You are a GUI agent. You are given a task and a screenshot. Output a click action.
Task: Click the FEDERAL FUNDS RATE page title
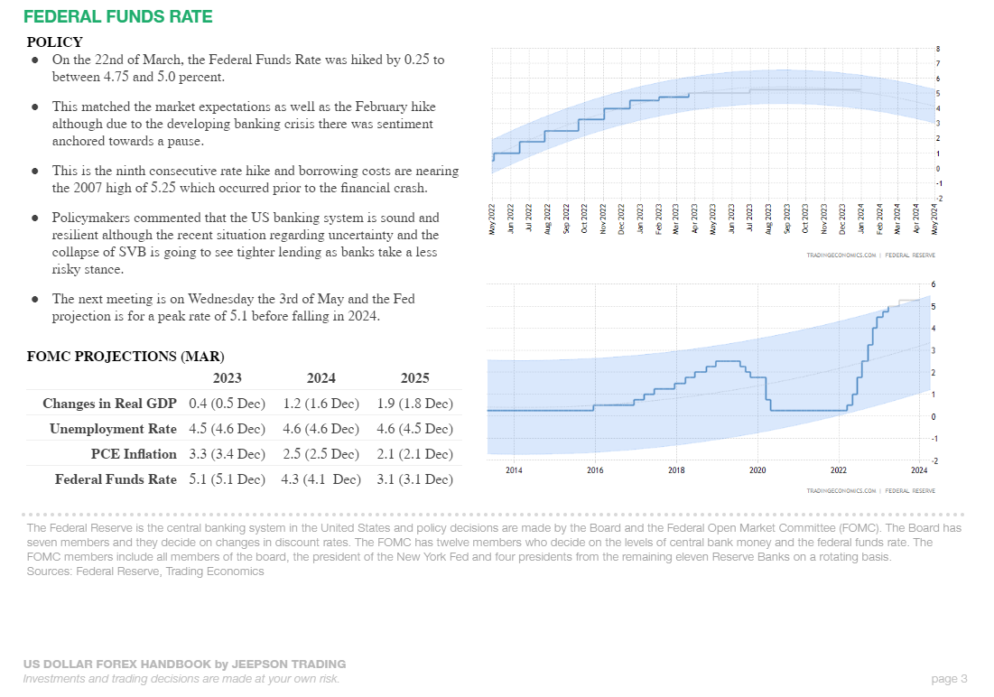[118, 17]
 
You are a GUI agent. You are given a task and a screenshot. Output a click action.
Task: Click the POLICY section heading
[54, 42]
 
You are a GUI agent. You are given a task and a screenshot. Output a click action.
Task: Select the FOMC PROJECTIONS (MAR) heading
[125, 357]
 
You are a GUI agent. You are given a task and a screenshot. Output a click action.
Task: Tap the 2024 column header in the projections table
[320, 378]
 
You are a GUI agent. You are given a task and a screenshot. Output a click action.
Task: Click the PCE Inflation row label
[134, 454]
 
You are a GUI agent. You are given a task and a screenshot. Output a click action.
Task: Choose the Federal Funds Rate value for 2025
[414, 479]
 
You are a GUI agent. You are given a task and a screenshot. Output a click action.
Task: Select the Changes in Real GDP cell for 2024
[320, 404]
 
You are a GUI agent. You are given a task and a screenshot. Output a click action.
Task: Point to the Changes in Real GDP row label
[109, 404]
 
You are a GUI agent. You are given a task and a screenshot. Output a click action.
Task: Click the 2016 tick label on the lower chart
[595, 470]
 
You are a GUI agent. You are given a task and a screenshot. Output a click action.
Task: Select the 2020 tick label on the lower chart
[757, 470]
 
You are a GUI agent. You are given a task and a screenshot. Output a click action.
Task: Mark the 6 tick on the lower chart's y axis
[933, 285]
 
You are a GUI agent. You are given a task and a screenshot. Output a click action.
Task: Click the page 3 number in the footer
[949, 679]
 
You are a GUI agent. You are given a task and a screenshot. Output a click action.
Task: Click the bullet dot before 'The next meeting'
[34, 299]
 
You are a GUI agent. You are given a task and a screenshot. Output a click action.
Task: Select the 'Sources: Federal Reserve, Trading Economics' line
[145, 572]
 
